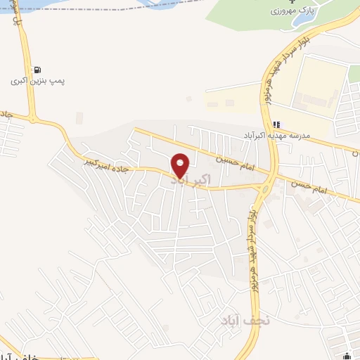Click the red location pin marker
point(181,165)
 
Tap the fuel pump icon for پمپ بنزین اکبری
point(37,70)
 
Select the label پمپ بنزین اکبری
point(37,82)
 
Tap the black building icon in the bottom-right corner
point(349,354)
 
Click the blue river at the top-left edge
point(28,6)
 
